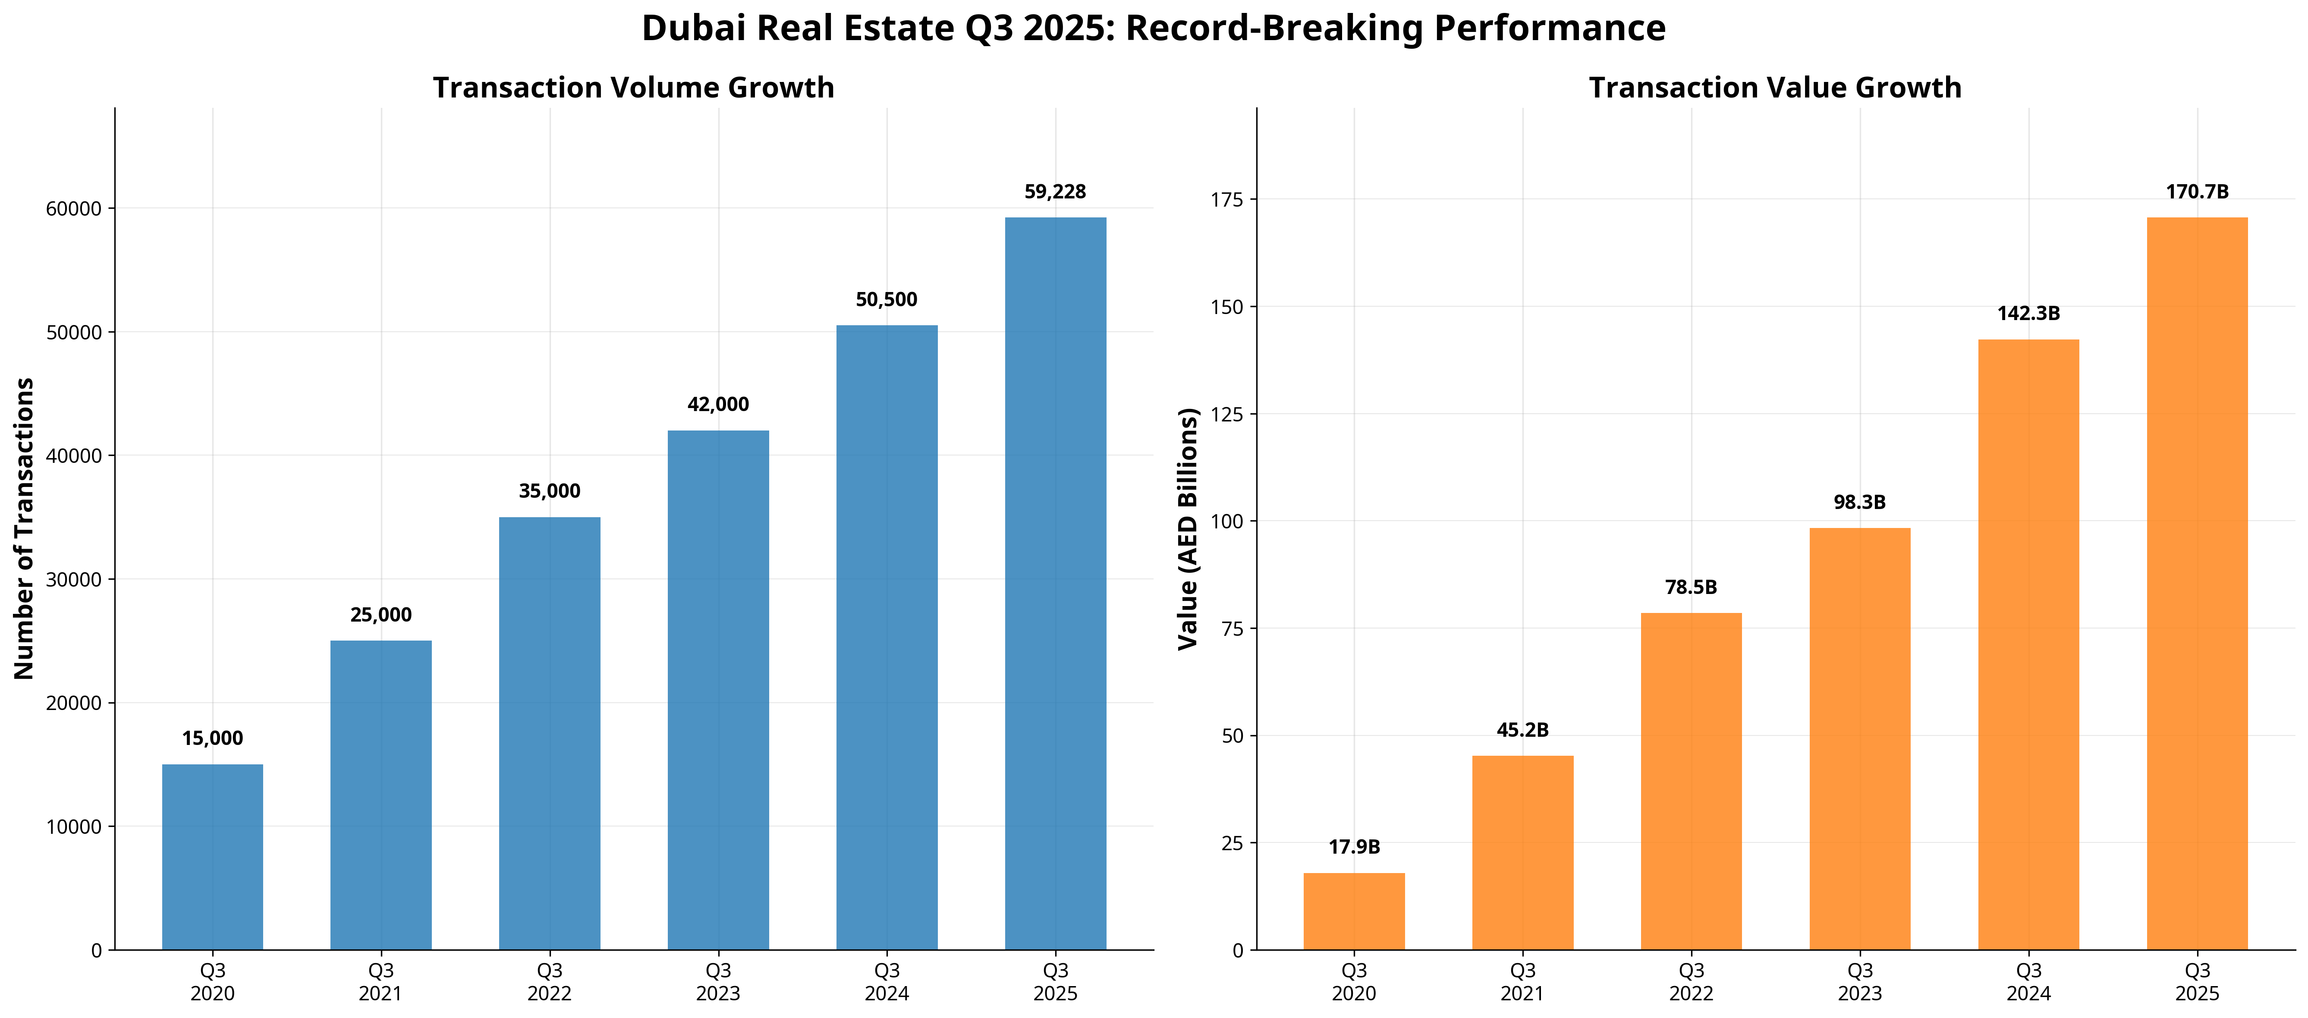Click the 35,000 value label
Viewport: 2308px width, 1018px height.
click(x=549, y=491)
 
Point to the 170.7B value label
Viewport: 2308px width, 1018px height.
click(x=2197, y=192)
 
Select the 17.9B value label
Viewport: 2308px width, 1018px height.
click(x=1354, y=847)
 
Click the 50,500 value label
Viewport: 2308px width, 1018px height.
click(x=886, y=299)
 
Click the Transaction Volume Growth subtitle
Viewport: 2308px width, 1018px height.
click(x=633, y=88)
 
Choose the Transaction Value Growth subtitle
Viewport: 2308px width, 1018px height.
click(x=1775, y=88)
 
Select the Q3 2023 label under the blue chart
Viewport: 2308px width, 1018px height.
click(x=718, y=981)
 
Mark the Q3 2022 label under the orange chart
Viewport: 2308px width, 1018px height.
click(x=1691, y=981)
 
